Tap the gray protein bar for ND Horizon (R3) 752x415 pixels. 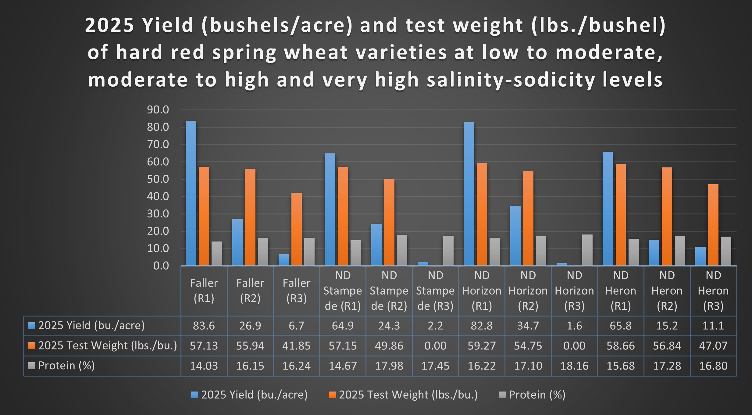(x=587, y=250)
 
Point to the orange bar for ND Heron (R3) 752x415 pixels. (x=713, y=225)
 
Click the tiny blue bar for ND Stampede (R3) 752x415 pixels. (x=422, y=264)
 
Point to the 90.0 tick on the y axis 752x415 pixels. (x=158, y=110)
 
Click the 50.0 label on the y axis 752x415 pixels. (x=158, y=179)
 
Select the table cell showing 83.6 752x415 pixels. (x=204, y=326)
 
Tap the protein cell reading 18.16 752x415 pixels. (x=574, y=366)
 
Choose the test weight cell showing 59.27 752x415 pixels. (x=482, y=346)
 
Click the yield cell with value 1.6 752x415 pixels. (x=574, y=326)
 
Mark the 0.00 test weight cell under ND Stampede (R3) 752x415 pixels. (x=435, y=346)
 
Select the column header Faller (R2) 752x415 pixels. (x=250, y=291)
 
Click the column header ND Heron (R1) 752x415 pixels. (x=621, y=291)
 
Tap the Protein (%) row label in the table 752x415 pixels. (x=66, y=366)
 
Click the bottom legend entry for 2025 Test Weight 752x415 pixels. (x=408, y=395)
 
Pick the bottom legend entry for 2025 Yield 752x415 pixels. (x=254, y=395)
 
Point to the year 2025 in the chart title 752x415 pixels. (x=109, y=25)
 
